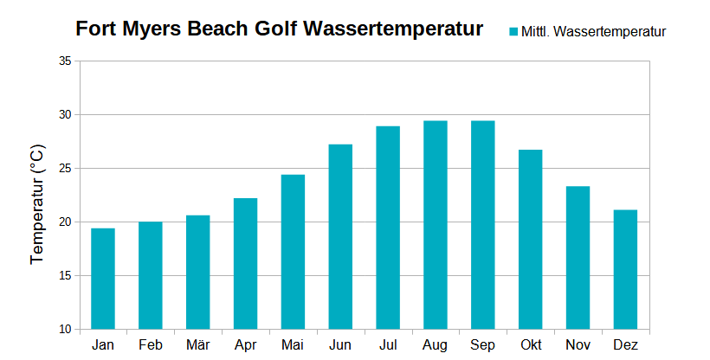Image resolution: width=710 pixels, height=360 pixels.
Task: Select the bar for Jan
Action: click(x=103, y=279)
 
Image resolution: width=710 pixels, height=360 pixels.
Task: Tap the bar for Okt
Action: click(x=530, y=240)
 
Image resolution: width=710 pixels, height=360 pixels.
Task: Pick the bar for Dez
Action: click(x=625, y=269)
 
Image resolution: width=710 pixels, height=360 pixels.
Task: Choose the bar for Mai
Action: click(x=293, y=252)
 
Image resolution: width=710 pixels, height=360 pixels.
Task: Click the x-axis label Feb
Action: click(x=151, y=345)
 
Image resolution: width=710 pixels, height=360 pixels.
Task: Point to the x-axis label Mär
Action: click(x=197, y=345)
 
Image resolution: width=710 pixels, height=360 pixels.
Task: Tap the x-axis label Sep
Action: click(x=482, y=345)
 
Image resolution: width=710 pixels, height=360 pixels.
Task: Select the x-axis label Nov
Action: click(x=578, y=345)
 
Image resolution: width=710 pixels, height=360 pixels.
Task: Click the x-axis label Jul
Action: click(x=388, y=345)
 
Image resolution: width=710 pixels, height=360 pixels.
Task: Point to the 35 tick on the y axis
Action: click(x=66, y=61)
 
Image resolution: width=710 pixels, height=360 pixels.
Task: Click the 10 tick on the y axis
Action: click(x=66, y=330)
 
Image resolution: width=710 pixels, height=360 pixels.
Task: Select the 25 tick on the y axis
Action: click(x=66, y=169)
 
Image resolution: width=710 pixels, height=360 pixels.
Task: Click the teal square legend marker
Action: click(x=513, y=32)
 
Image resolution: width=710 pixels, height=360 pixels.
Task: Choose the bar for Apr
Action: click(x=245, y=264)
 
